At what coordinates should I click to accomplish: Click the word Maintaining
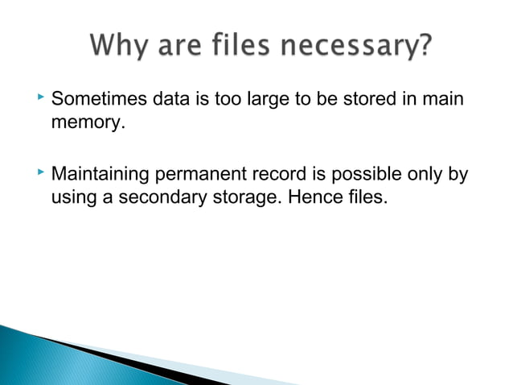point(101,174)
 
